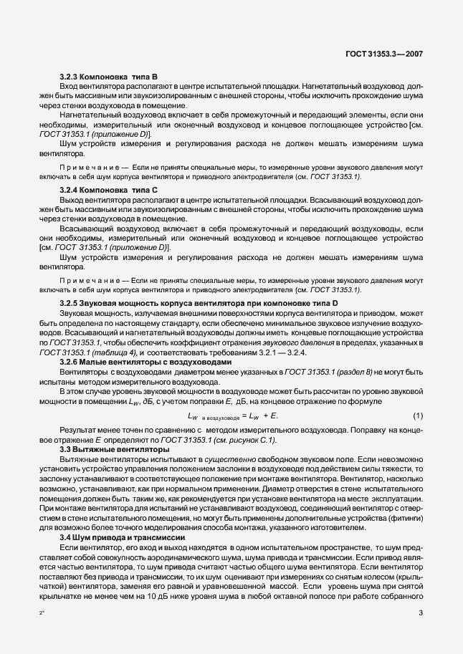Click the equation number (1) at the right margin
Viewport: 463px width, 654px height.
pyautogui.click(x=417, y=416)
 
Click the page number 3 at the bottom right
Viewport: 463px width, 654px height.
pyautogui.click(x=421, y=614)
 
